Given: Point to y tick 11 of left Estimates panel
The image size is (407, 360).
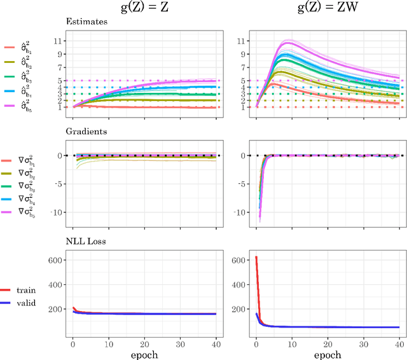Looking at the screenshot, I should [x=59, y=41].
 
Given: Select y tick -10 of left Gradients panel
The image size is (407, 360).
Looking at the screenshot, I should [x=57, y=212].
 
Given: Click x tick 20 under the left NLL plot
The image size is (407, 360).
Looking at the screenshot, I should [x=145, y=340].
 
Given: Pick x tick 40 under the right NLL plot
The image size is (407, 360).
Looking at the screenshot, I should [x=398, y=340].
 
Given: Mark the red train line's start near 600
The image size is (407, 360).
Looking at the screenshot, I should [x=256, y=258].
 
